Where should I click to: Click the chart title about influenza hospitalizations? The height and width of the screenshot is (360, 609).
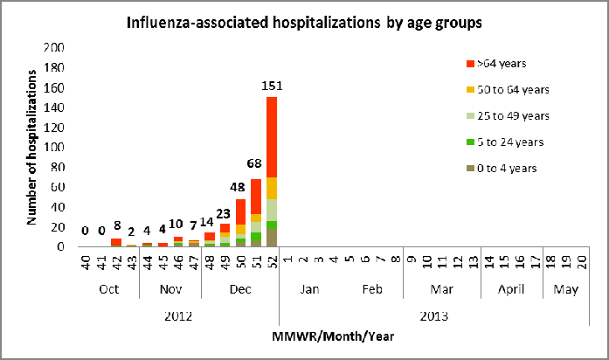point(303,23)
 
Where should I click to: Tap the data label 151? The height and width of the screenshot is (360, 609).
point(272,86)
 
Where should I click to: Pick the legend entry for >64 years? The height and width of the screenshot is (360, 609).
point(502,63)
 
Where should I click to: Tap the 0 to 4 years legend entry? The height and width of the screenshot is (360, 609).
point(502,168)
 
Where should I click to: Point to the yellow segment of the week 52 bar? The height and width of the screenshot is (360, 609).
point(272,188)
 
